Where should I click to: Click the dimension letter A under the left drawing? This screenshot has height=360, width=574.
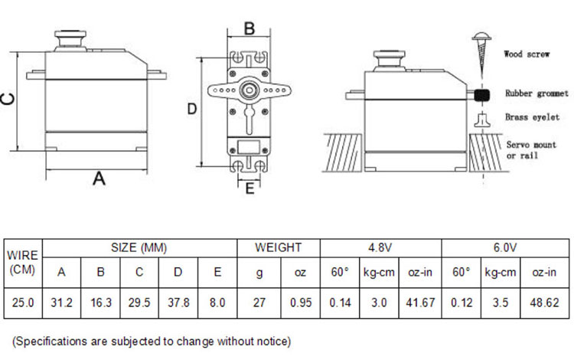pyautogui.click(x=99, y=178)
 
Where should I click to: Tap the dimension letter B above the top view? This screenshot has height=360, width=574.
pyautogui.click(x=249, y=28)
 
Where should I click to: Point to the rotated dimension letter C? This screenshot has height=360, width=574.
pyautogui.click(x=8, y=99)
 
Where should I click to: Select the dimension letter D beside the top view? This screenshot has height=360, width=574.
pyautogui.click(x=192, y=109)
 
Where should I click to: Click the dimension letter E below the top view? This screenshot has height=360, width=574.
pyautogui.click(x=249, y=188)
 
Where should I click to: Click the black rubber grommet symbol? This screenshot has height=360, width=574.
pyautogui.click(x=481, y=95)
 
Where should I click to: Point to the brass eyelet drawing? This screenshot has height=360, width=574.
pyautogui.click(x=482, y=120)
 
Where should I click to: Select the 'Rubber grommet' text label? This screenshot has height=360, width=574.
pyautogui.click(x=536, y=93)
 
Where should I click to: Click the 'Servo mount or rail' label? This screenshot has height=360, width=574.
pyautogui.click(x=531, y=150)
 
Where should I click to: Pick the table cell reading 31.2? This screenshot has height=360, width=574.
pyautogui.click(x=61, y=303)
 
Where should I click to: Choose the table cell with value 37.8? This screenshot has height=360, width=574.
pyautogui.click(x=178, y=303)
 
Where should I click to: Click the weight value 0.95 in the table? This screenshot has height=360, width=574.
pyautogui.click(x=301, y=303)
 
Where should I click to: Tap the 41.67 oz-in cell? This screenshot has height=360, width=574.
pyautogui.click(x=420, y=303)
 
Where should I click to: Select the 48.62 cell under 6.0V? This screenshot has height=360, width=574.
pyautogui.click(x=544, y=303)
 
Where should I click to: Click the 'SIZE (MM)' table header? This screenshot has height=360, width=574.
pyautogui.click(x=139, y=248)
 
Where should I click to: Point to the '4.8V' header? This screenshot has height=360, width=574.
pyautogui.click(x=380, y=248)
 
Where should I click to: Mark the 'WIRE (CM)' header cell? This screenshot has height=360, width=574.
pyautogui.click(x=23, y=263)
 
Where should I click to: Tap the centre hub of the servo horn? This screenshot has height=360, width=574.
pyautogui.click(x=249, y=90)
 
